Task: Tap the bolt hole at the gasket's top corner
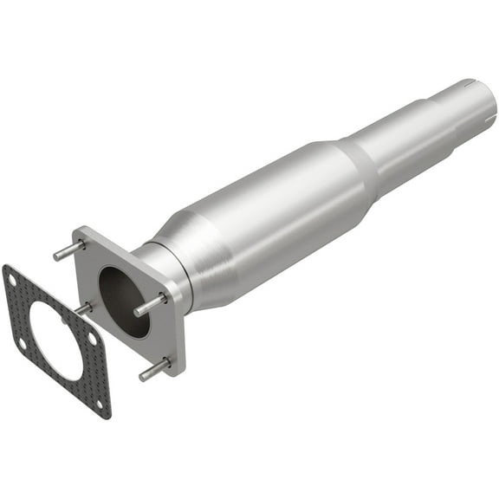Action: point(11,275)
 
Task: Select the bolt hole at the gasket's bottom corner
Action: point(100,405)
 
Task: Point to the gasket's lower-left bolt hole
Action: point(22,344)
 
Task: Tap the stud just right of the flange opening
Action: point(149,305)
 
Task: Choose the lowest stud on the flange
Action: point(154,369)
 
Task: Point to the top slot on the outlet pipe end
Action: point(469,83)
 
